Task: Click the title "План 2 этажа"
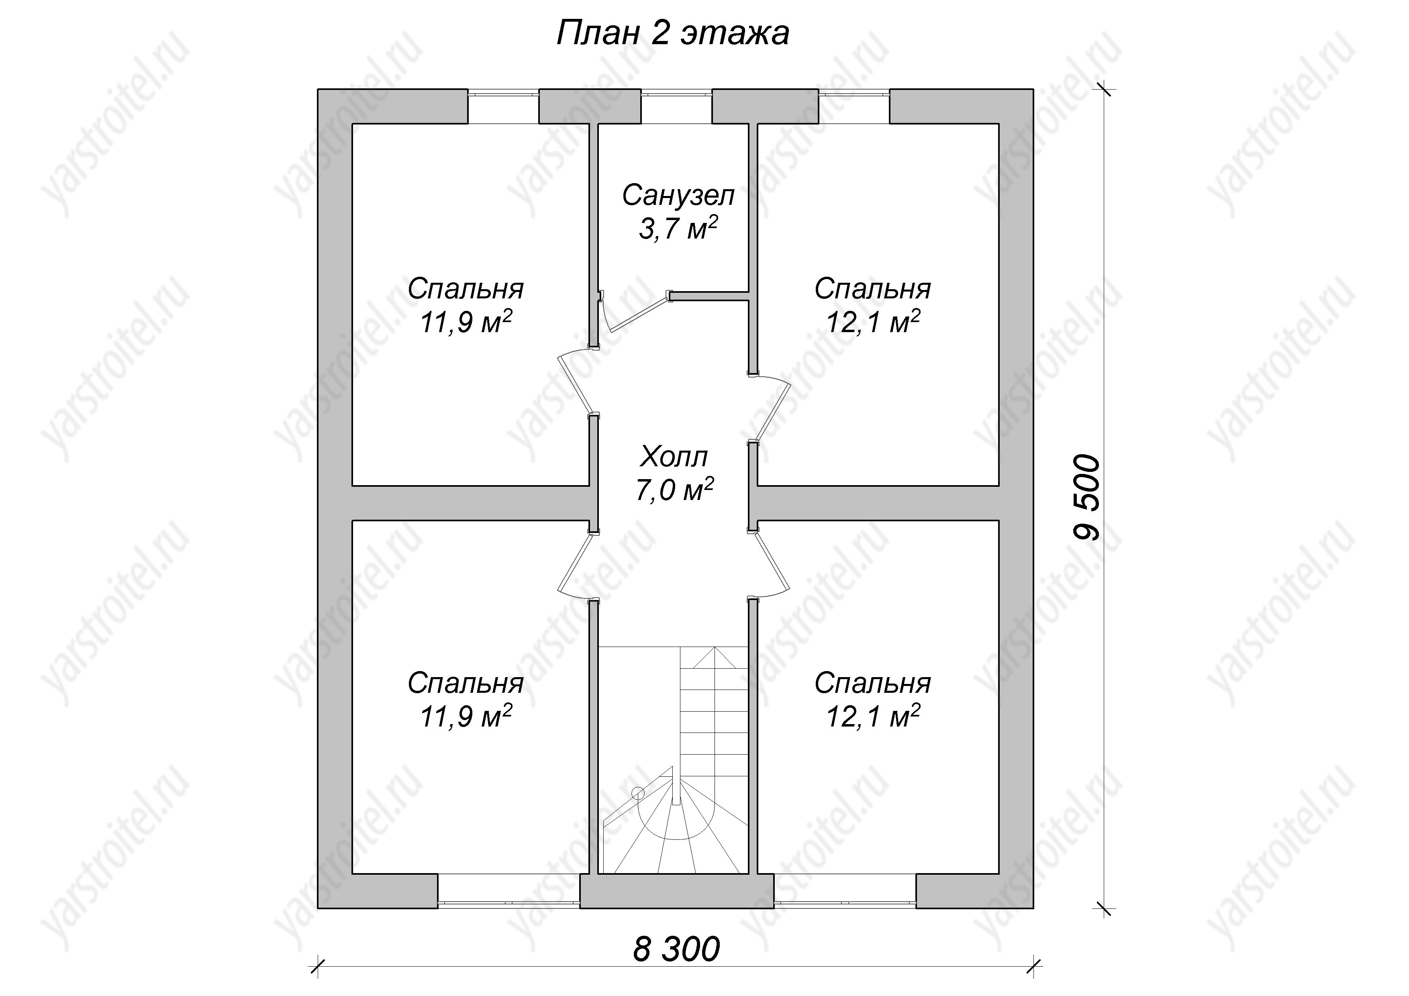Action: (x=673, y=34)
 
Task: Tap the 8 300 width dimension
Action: (x=676, y=949)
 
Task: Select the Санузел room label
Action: (x=678, y=196)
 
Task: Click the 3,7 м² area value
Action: (x=678, y=228)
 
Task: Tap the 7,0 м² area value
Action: (x=674, y=490)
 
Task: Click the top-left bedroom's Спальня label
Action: (x=466, y=290)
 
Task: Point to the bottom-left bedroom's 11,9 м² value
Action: (x=466, y=716)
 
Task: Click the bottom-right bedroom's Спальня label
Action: (x=873, y=684)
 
